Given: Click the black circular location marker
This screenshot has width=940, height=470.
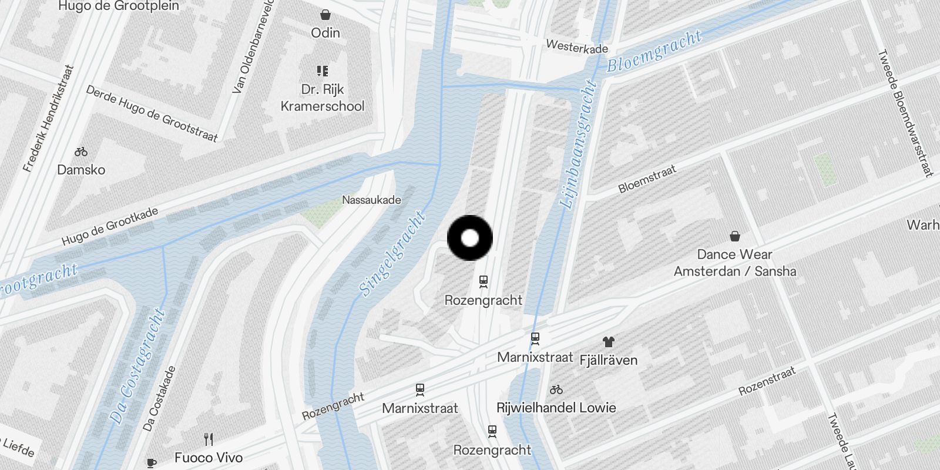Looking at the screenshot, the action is (x=470, y=238).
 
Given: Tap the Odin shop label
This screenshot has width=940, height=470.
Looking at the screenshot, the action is (x=325, y=33).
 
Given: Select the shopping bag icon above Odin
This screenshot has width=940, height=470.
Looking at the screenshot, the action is (x=325, y=15).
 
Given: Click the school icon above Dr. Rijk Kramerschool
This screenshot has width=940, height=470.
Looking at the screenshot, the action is (x=323, y=71).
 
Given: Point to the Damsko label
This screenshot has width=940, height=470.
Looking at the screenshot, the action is (x=81, y=170).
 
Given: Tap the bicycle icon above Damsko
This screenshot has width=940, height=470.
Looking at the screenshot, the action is (x=81, y=152).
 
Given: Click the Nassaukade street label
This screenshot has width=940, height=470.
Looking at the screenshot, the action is (x=371, y=200).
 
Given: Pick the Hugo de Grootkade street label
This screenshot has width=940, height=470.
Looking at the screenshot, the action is (x=110, y=227).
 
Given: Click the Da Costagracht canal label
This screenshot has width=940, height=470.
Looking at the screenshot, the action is (x=137, y=366).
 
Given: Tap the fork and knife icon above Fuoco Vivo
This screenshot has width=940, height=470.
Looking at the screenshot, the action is (x=208, y=439).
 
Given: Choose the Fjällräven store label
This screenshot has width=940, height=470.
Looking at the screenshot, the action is (x=608, y=360).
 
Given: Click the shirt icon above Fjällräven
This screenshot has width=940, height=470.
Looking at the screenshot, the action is (x=608, y=342).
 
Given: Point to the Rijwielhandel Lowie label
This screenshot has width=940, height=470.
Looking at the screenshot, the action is (x=556, y=408).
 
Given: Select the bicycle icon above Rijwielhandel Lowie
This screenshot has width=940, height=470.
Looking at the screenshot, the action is (x=556, y=390).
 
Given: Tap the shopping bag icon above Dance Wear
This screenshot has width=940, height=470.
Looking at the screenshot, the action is (x=734, y=236).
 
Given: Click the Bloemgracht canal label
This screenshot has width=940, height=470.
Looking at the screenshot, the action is (x=654, y=51).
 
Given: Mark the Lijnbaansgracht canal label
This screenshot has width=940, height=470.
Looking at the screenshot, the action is (x=578, y=145).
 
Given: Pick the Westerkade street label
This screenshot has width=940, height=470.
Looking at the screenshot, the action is (x=577, y=46).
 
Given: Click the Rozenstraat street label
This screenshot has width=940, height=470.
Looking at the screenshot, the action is (x=767, y=381).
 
